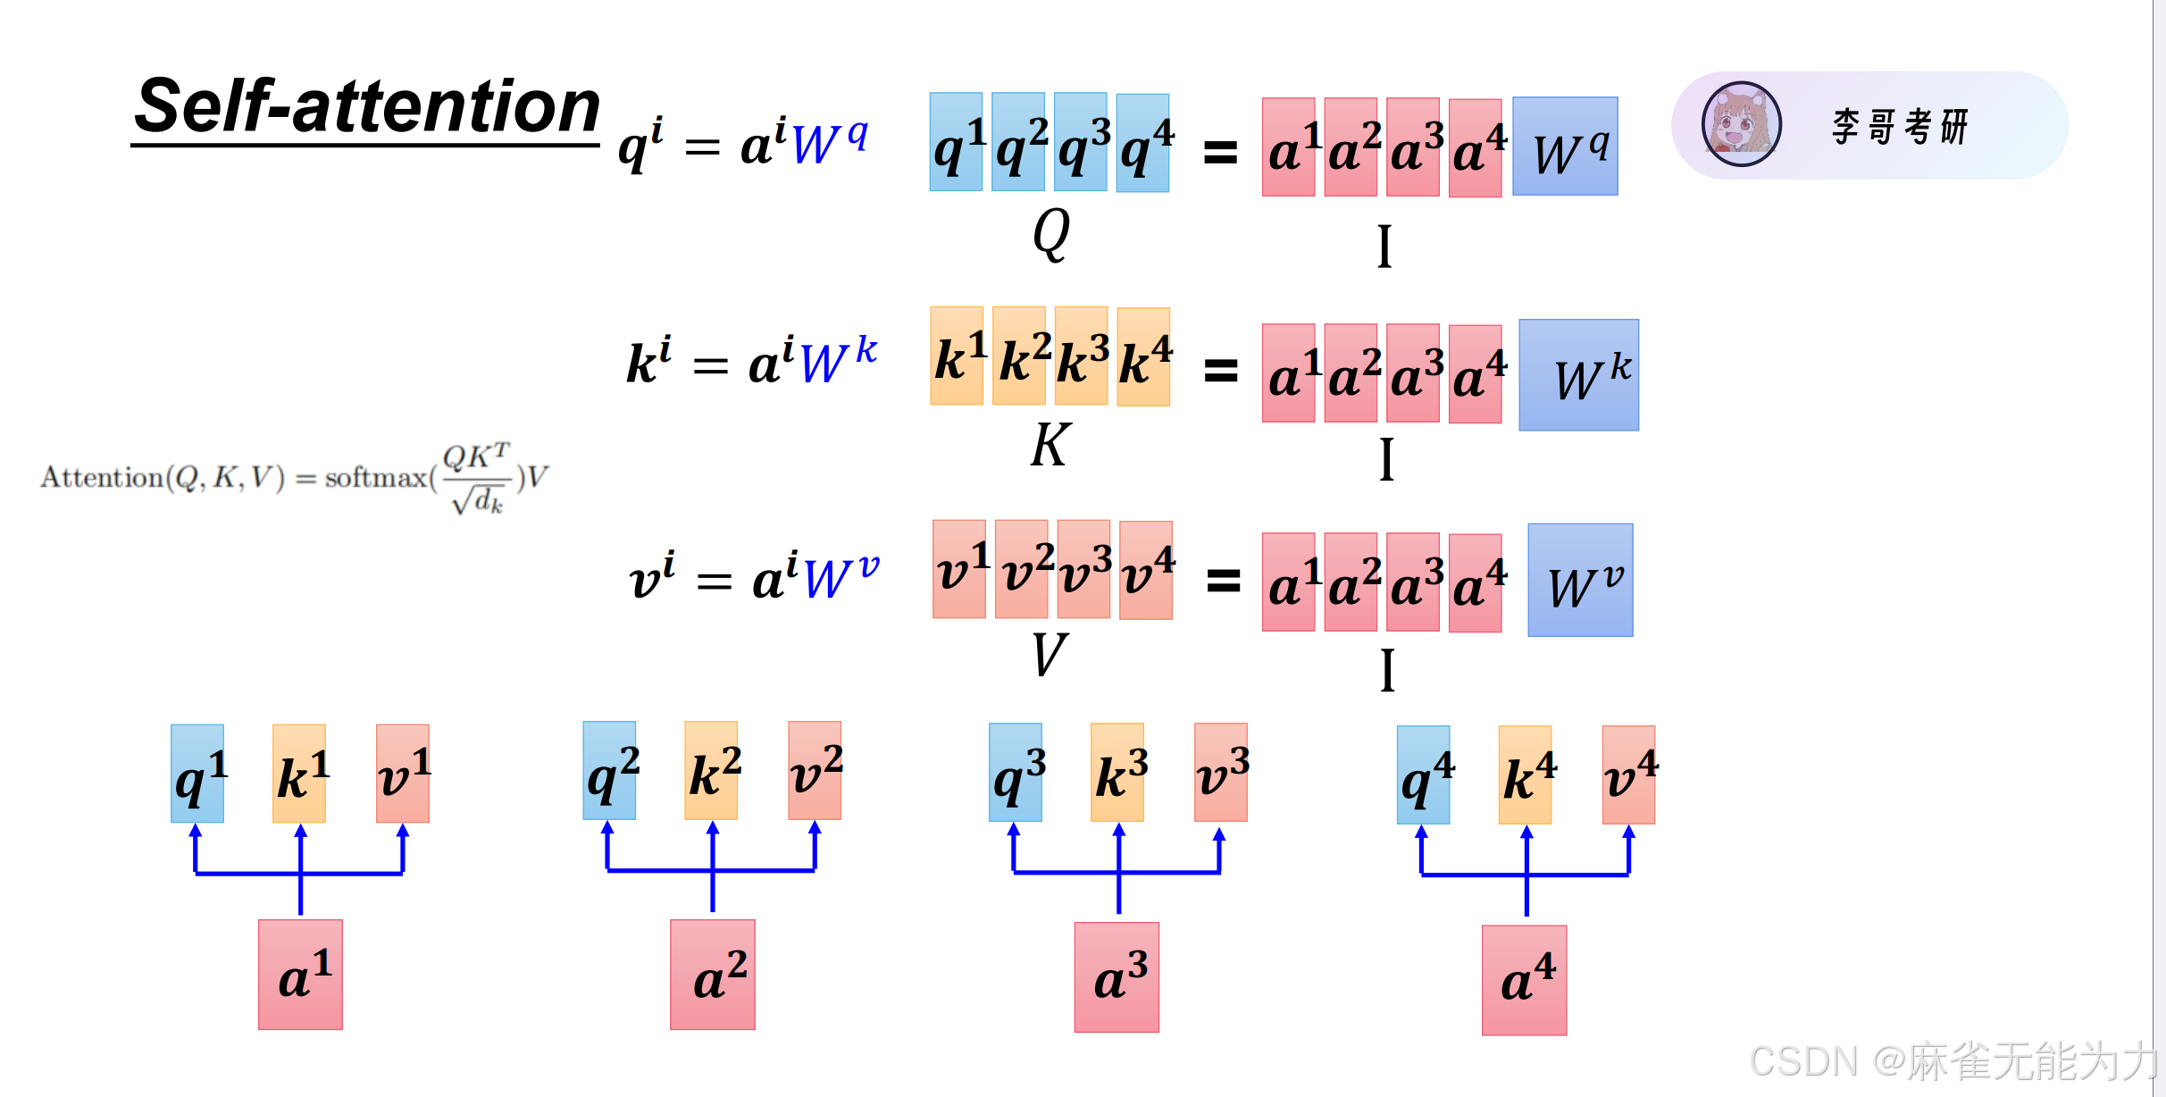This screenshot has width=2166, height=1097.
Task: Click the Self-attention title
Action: [366, 107]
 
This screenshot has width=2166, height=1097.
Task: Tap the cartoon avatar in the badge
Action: [1741, 124]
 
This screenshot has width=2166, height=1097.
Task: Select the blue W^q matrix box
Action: [1565, 147]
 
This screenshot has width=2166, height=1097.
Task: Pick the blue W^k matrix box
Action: [1578, 375]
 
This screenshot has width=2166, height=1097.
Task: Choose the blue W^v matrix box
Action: [1580, 580]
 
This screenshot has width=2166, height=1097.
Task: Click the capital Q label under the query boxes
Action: [1050, 234]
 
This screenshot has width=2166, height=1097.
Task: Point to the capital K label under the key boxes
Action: [1050, 445]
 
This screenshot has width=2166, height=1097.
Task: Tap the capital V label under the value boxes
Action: [1050, 655]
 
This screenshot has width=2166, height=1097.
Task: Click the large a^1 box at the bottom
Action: [300, 975]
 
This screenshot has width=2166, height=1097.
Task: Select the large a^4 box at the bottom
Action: [1524, 980]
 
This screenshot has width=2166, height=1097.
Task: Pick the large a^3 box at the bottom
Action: [1116, 977]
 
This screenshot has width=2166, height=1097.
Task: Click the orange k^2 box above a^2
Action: [711, 770]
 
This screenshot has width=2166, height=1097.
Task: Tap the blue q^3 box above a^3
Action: [1016, 773]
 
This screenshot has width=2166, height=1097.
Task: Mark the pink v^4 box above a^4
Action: [1628, 775]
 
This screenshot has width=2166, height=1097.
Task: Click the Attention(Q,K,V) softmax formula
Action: [295, 478]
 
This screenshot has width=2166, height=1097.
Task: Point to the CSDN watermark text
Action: [1952, 1062]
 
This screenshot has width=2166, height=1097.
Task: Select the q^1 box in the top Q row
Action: [956, 142]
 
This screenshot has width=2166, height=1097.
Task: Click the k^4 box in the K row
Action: [1143, 357]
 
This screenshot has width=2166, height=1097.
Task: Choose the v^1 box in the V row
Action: [959, 569]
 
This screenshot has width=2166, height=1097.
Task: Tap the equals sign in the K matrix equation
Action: [1221, 370]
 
